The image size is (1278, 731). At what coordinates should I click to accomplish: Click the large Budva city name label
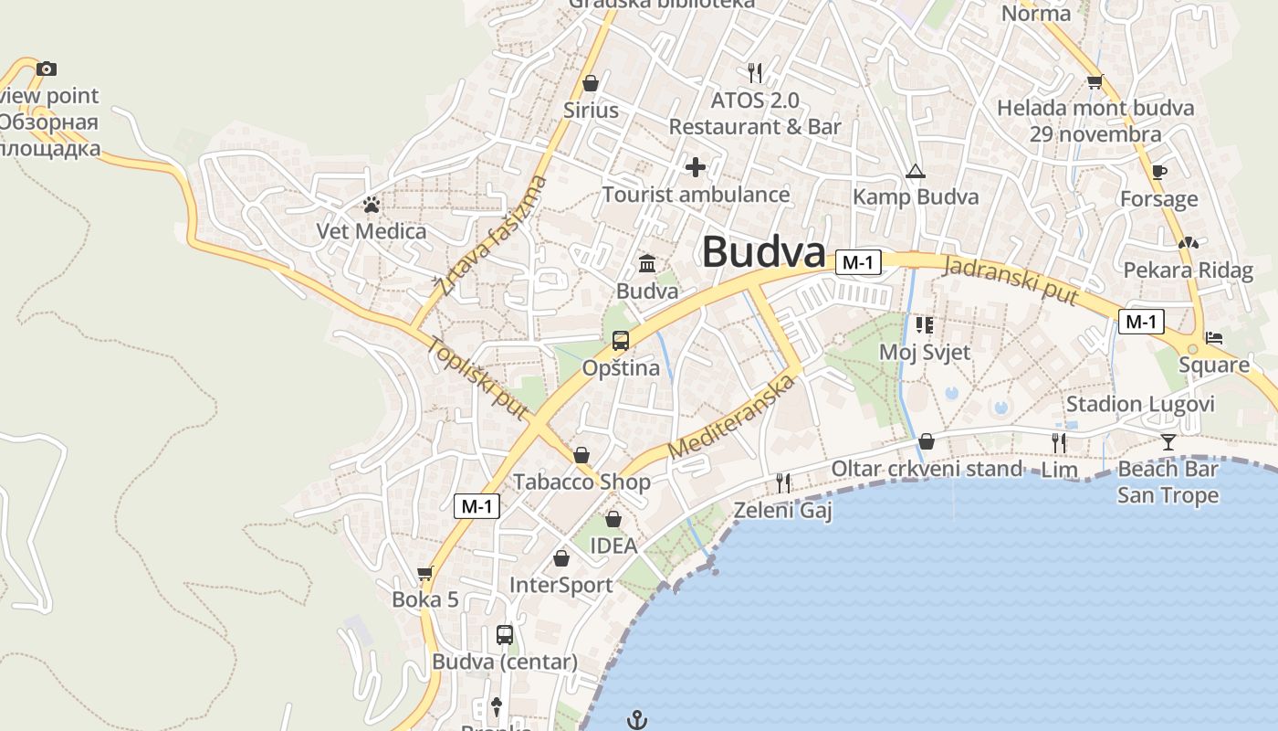coord(763,252)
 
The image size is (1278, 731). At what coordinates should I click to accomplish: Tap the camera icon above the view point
coord(47,69)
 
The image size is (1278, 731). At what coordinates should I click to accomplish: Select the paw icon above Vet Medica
coord(371,205)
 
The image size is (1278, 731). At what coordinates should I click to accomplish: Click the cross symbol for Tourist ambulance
coord(696,167)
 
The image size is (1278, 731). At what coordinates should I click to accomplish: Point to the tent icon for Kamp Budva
coord(915,171)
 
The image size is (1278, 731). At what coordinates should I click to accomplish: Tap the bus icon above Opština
coord(621,341)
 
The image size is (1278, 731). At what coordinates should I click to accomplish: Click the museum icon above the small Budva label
coord(647,263)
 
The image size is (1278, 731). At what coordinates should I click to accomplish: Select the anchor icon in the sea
coord(637,720)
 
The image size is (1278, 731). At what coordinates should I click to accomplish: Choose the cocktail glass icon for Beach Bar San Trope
coord(1168,443)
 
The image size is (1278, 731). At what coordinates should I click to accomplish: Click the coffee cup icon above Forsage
coord(1159,172)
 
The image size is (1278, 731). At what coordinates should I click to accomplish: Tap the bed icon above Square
coord(1214,337)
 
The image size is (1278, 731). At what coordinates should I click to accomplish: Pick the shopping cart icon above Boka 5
coord(424,574)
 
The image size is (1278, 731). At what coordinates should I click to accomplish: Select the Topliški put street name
coord(477,378)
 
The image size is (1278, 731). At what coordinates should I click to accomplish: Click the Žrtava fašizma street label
coord(492,236)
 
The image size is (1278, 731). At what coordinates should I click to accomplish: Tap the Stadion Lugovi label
coord(1140,404)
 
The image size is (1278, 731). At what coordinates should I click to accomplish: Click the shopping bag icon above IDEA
coord(613,519)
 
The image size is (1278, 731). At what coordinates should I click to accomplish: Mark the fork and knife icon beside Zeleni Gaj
coord(783,482)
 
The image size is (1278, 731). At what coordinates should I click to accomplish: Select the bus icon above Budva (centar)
coord(505,634)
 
